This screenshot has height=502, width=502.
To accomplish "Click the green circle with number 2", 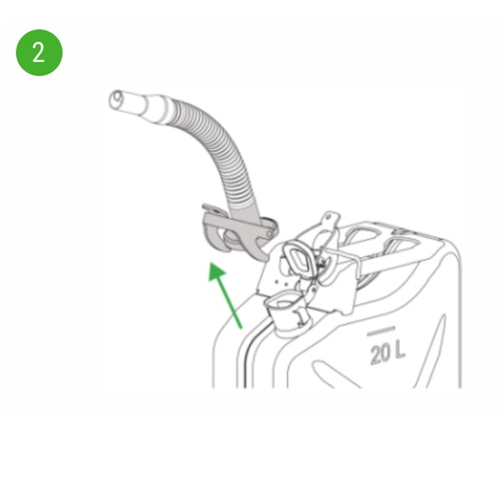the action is [x=39, y=53].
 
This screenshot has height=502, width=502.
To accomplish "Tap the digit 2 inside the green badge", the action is [x=38, y=53].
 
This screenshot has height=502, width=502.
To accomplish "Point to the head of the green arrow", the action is [x=216, y=271].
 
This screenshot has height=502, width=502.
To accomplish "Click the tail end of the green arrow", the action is [x=240, y=327].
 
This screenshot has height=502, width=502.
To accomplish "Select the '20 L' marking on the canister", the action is [x=387, y=352].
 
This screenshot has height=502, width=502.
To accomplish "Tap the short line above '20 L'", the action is [x=381, y=331].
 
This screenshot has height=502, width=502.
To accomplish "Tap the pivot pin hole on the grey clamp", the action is [x=269, y=234].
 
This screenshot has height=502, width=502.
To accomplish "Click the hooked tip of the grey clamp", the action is [x=261, y=256].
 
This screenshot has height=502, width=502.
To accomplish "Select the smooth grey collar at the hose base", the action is [x=244, y=212].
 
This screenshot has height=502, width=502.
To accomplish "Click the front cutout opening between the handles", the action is [x=361, y=235].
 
